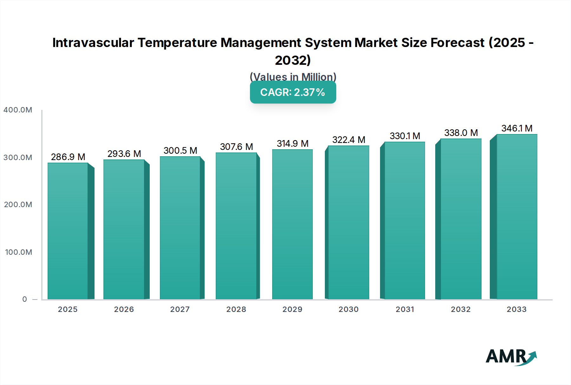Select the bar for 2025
(68, 231)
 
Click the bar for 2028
(236, 226)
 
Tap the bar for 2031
(404, 220)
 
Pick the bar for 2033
(517, 217)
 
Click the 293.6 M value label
(124, 154)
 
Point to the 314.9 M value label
(292, 144)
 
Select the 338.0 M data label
(461, 133)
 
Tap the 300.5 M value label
(180, 151)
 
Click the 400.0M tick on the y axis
(18, 110)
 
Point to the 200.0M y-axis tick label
(18, 205)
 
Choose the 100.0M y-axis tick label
(18, 252)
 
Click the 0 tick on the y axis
(25, 299)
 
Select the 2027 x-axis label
(180, 309)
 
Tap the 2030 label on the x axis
(348, 309)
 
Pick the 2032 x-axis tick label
(461, 309)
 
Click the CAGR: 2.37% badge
(293, 92)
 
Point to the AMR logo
(511, 357)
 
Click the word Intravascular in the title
(93, 43)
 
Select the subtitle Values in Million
(293, 77)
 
